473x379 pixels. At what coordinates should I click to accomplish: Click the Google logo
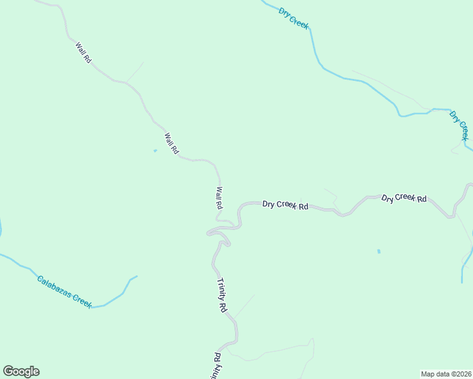click(21, 371)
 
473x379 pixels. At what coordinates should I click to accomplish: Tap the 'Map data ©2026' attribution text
click(446, 373)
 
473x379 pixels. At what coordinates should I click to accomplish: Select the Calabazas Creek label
click(64, 291)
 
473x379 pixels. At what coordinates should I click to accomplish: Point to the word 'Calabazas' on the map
click(53, 286)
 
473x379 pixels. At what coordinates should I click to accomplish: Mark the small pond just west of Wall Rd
click(155, 150)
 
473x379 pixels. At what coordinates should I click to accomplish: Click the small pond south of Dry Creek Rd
click(379, 251)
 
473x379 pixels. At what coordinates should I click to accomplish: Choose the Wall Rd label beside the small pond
click(171, 144)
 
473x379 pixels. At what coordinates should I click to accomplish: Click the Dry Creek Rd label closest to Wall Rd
click(285, 205)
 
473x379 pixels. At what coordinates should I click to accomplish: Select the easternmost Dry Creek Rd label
click(404, 198)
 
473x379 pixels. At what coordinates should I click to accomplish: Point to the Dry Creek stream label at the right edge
click(459, 125)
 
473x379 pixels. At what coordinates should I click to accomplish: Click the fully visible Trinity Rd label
click(221, 296)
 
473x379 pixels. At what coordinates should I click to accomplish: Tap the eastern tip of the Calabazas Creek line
click(137, 276)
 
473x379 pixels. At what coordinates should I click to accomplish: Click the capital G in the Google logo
click(9, 371)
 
